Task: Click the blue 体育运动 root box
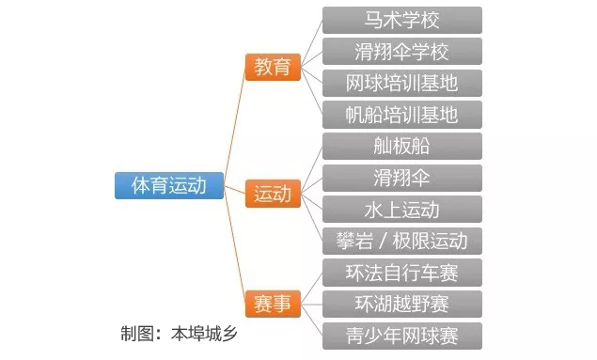pos(169,185)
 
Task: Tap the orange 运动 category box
pos(273,195)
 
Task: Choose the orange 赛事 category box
pos(273,304)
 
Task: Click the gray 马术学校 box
pos(401,20)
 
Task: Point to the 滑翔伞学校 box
pos(401,51)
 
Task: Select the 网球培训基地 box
pos(401,83)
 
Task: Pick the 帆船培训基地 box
pos(401,115)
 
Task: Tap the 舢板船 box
pos(401,146)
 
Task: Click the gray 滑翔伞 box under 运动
pos(401,178)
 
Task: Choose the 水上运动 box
pos(401,209)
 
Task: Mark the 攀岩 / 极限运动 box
pos(401,241)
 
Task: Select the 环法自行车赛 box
pos(401,273)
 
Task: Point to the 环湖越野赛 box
pos(401,304)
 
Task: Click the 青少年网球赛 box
pos(401,336)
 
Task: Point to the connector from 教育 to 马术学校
pos(310,38)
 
